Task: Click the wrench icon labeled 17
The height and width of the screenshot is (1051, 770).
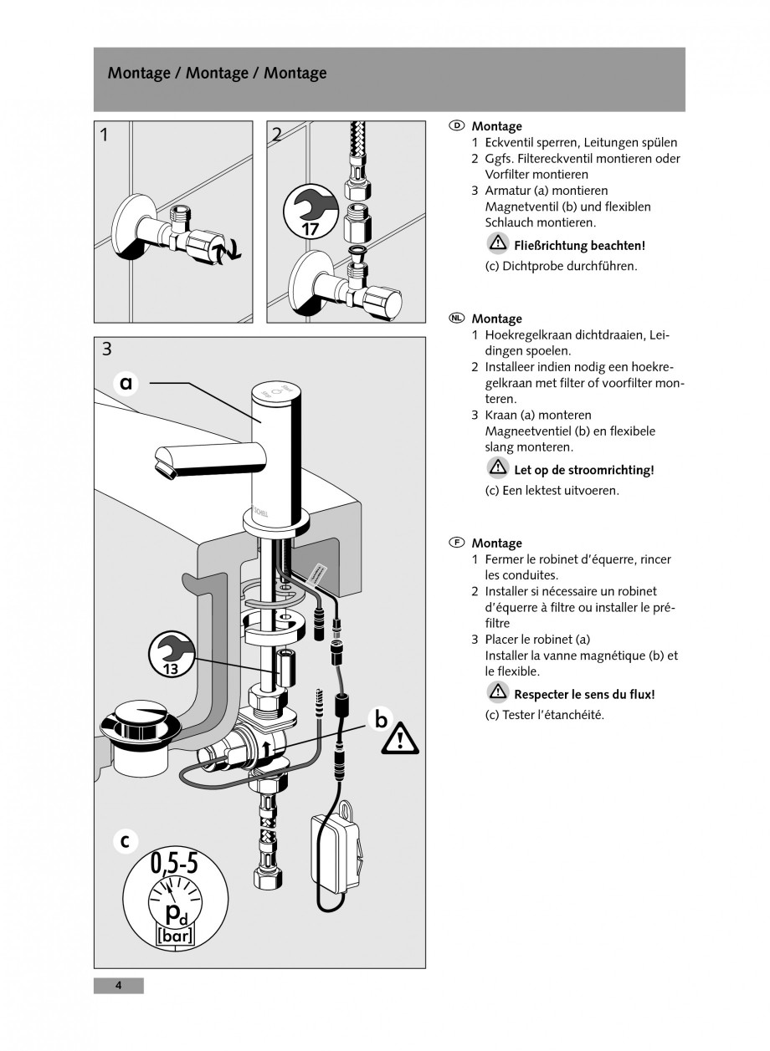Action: (310, 211)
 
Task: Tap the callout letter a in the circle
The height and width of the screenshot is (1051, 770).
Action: (126, 383)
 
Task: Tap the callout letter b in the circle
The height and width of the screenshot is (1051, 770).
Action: (381, 719)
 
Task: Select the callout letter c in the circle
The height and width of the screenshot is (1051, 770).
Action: (124, 842)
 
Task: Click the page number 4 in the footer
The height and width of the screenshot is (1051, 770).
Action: (118, 986)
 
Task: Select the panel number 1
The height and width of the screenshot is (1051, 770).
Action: (104, 134)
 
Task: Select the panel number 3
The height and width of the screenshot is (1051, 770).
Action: (106, 349)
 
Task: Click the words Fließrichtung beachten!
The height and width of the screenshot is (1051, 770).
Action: (579, 246)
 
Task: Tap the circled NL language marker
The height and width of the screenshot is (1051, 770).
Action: (456, 319)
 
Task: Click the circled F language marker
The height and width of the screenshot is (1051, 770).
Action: (456, 543)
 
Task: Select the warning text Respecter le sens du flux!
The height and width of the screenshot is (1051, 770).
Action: (583, 694)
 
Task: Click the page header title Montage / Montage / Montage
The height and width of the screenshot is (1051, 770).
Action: (217, 74)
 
